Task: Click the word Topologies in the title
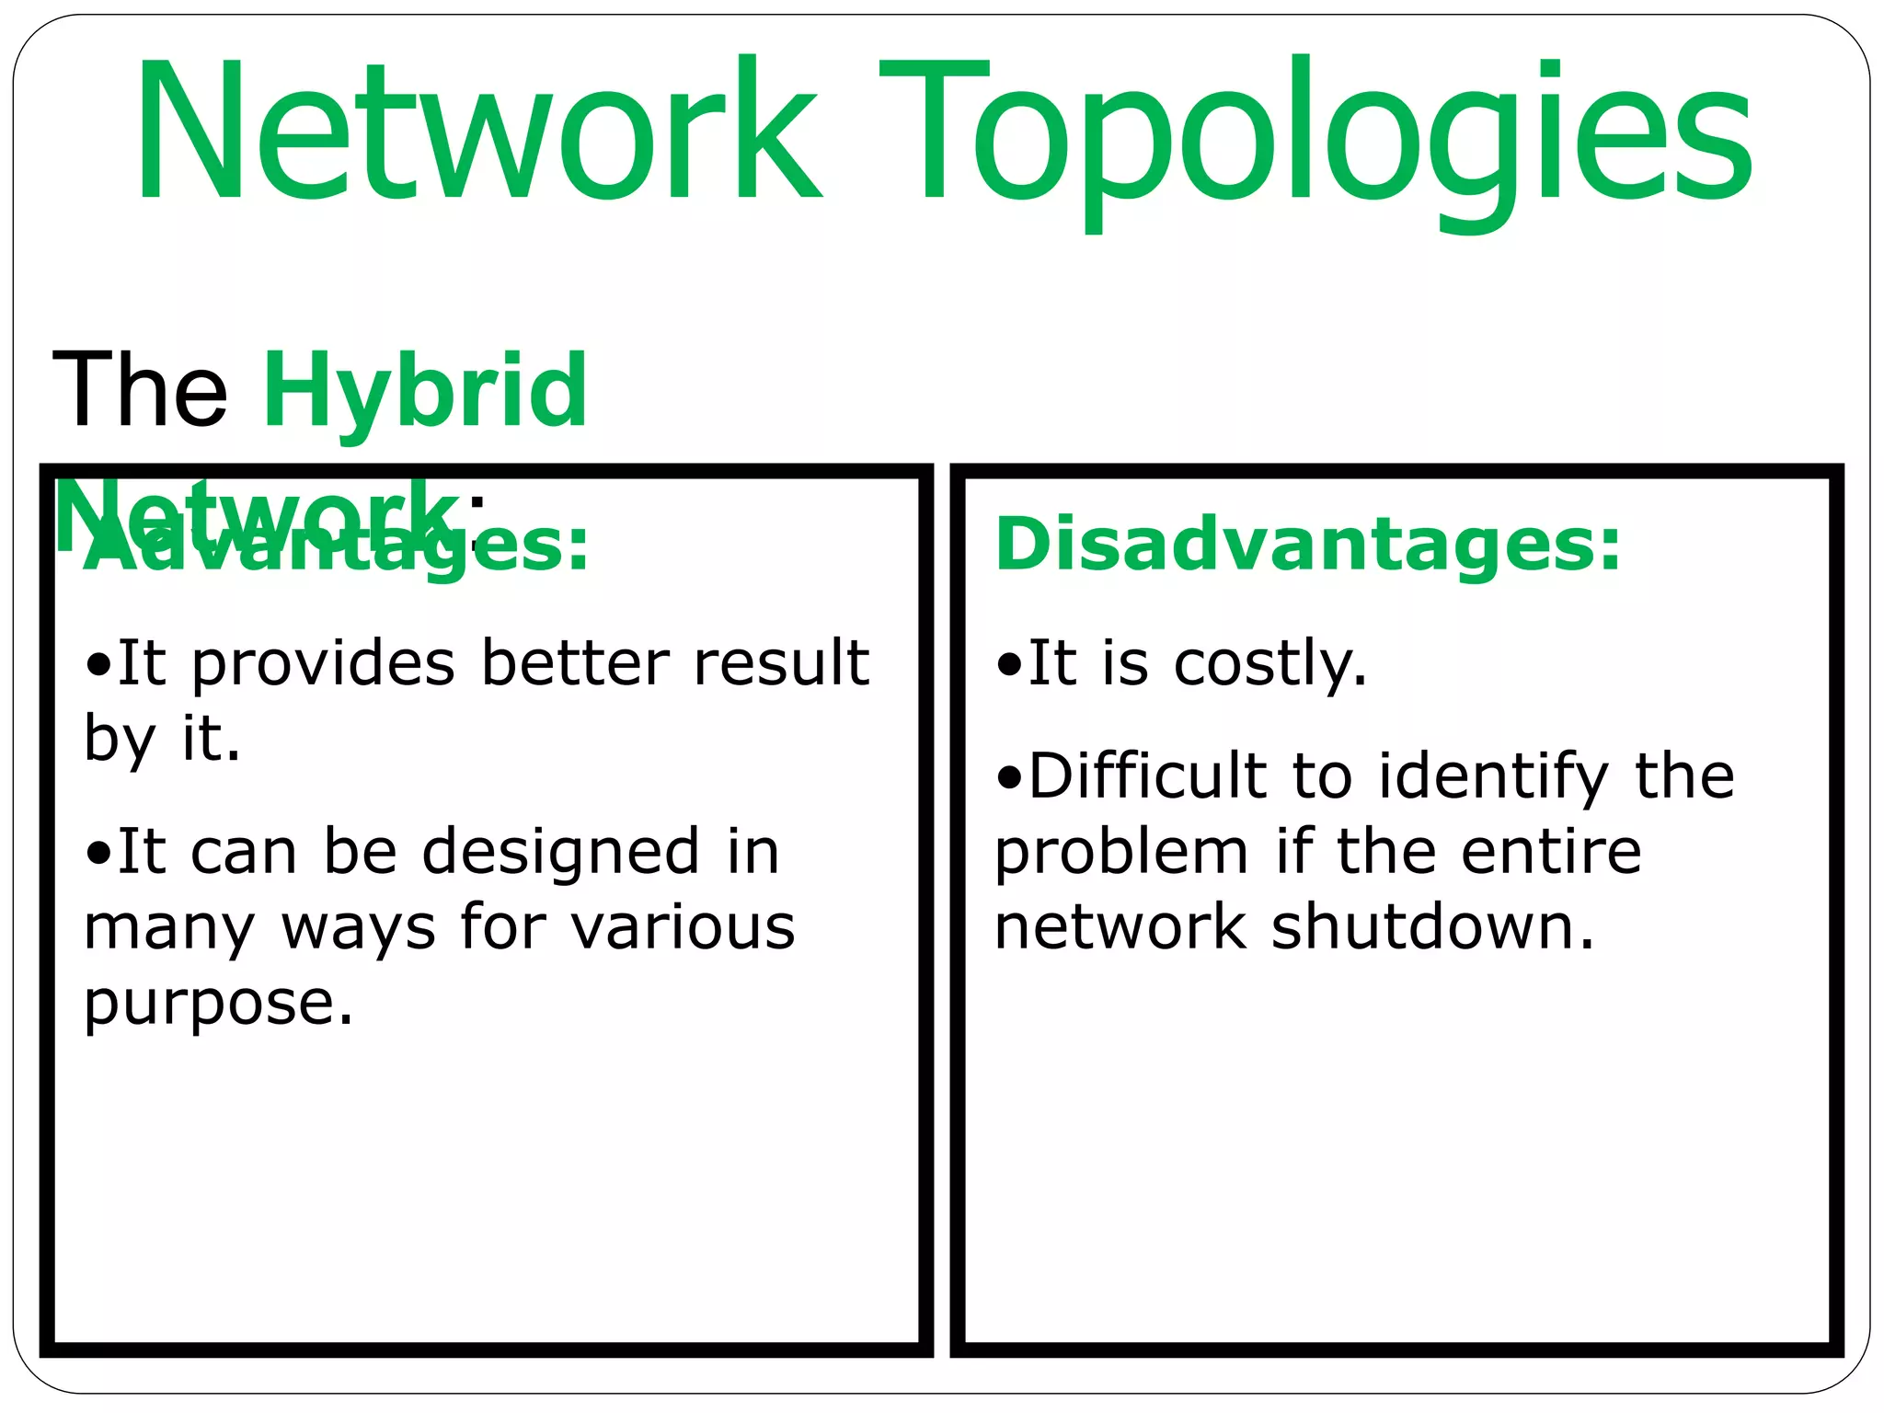pyautogui.click(x=1315, y=133)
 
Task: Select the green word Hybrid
pyautogui.click(x=425, y=391)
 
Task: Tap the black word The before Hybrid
pyautogui.click(x=140, y=391)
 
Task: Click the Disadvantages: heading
pyautogui.click(x=1307, y=545)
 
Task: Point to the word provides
pyautogui.click(x=323, y=664)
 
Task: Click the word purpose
pyautogui.click(x=218, y=1005)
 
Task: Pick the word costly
pyautogui.click(x=1270, y=664)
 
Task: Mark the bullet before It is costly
pyautogui.click(x=1009, y=665)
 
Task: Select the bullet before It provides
pyautogui.click(x=98, y=665)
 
